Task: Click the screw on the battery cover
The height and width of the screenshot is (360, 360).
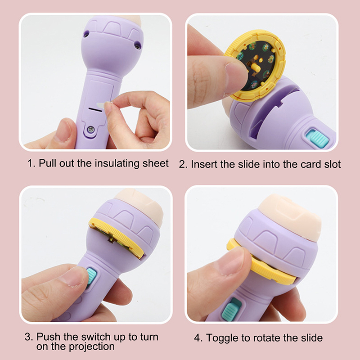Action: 91,130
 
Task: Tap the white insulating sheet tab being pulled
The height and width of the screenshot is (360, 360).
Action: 101,106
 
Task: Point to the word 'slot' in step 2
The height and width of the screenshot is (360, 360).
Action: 332,164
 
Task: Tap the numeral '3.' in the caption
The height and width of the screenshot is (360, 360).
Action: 29,337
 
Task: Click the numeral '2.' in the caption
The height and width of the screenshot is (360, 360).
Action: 183,164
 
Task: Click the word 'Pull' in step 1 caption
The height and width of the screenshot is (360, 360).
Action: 47,163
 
